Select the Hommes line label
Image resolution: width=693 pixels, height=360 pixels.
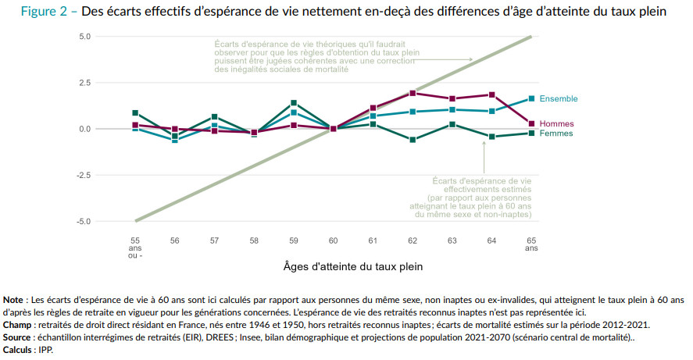[x=556, y=123]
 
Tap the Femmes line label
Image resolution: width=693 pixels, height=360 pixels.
[x=556, y=134]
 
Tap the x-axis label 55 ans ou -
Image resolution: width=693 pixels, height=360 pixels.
[x=135, y=248]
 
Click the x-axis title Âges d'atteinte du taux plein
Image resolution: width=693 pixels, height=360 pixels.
[x=353, y=266]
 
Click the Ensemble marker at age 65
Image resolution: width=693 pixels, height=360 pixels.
[x=531, y=98]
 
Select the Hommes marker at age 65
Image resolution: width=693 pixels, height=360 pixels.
[x=531, y=123]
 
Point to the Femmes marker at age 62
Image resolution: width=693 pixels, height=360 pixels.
[x=413, y=140]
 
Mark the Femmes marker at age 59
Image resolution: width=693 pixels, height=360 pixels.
[x=294, y=103]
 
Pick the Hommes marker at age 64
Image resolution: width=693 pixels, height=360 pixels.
[x=491, y=94]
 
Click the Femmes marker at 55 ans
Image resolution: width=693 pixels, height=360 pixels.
[x=135, y=112]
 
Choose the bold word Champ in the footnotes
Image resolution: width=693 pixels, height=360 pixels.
[x=17, y=323]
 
